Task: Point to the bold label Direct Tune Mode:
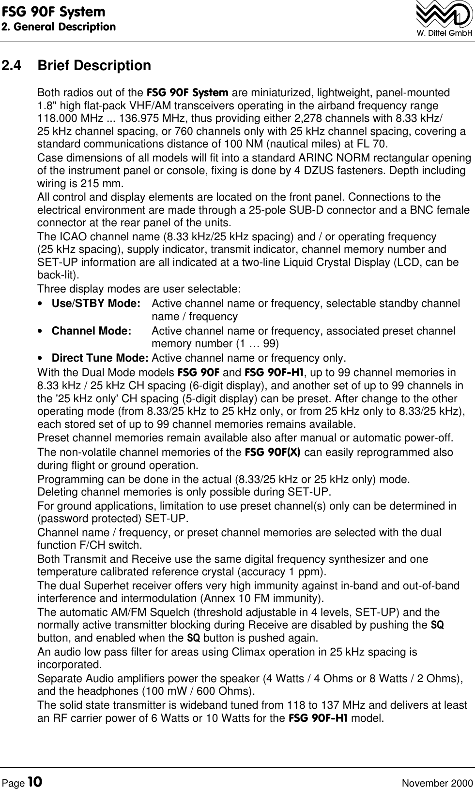click(100, 358)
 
